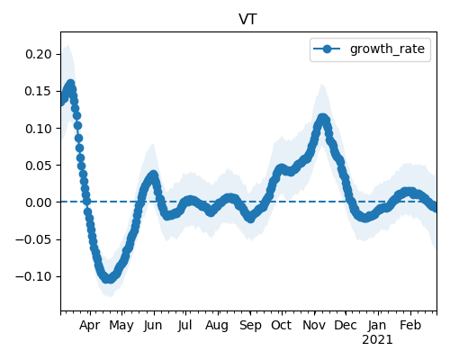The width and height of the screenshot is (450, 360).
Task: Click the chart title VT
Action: [247, 20]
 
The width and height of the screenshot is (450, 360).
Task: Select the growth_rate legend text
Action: [387, 49]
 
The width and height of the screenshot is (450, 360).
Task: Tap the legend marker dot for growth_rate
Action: [327, 49]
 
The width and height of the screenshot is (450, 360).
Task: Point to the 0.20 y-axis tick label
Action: [39, 54]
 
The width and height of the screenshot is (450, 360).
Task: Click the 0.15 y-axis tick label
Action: [39, 91]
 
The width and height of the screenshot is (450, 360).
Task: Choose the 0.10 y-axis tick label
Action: [39, 129]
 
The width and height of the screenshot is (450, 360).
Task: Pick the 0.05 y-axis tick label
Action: [39, 166]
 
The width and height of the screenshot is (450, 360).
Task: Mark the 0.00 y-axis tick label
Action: [39, 202]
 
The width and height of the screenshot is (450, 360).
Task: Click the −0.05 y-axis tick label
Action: [34, 239]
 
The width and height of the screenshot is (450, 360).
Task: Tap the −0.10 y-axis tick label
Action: [34, 276]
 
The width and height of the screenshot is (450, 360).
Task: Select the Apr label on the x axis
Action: [89, 326]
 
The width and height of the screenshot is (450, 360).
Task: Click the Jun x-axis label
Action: [153, 326]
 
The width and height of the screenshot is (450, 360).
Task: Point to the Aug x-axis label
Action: [217, 326]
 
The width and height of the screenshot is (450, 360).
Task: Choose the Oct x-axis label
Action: [281, 325]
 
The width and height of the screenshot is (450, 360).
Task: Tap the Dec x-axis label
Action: [346, 325]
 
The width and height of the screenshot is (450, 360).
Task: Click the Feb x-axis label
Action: [410, 325]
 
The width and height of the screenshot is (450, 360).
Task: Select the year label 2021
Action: [377, 340]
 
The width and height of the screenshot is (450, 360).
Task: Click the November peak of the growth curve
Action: [322, 118]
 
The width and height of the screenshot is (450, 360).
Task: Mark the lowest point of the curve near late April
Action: [109, 279]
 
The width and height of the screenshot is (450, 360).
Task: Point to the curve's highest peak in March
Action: [71, 85]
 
